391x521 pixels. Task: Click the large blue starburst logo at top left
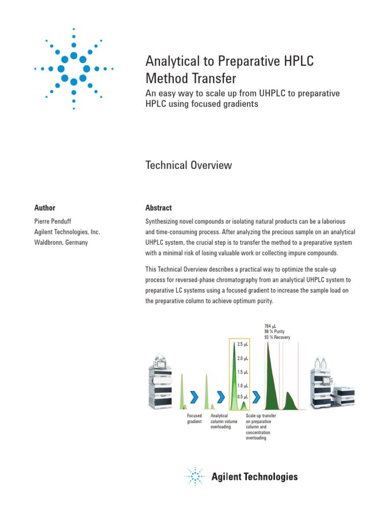pyautogui.click(x=74, y=68)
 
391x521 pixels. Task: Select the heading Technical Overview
pyautogui.click(x=189, y=165)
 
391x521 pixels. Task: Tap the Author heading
pyautogui.click(x=45, y=208)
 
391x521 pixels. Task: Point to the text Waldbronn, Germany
pyautogui.click(x=61, y=243)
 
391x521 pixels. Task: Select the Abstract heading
pyautogui.click(x=158, y=208)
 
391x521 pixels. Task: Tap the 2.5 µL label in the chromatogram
pyautogui.click(x=242, y=345)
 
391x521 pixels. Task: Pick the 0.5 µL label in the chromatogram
pyautogui.click(x=242, y=397)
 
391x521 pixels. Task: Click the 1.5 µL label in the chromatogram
pyautogui.click(x=242, y=372)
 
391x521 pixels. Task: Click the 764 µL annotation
pyautogui.click(x=270, y=326)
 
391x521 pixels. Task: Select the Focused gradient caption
pyautogui.click(x=194, y=419)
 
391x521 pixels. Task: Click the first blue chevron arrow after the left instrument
pyautogui.click(x=194, y=396)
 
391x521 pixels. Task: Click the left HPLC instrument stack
pyautogui.click(x=162, y=381)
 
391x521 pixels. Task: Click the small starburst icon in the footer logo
pyautogui.click(x=194, y=477)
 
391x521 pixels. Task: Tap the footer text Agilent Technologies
pyautogui.click(x=255, y=477)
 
